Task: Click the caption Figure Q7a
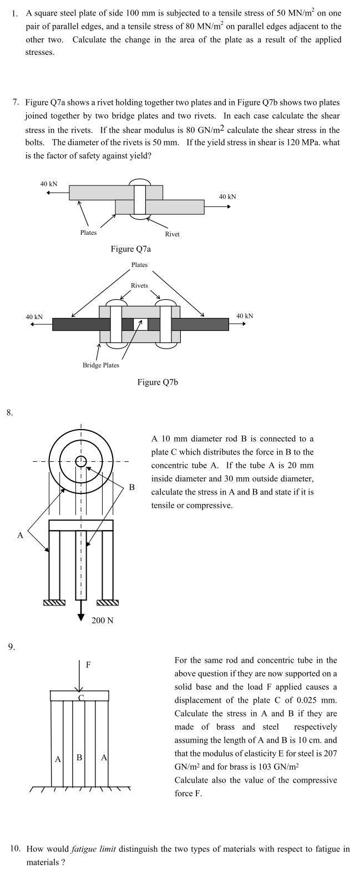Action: pos(130,249)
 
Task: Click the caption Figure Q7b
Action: pos(158,382)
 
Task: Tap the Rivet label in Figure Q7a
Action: pos(172,234)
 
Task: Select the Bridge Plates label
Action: pos(101,365)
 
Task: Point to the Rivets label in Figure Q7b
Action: pos(139,285)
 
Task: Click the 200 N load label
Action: pos(103,620)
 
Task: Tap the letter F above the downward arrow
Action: pos(88,664)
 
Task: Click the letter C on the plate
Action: pos(81,698)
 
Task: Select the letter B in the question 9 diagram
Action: pos(79,756)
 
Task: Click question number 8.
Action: pos(9,412)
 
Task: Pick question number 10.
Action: pos(16,849)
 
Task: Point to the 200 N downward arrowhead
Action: pos(81,617)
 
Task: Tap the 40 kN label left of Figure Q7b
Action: pos(34,317)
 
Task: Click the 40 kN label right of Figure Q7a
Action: pos(227,196)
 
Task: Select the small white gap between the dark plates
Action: pos(140,324)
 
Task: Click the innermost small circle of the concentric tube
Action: pos(81,461)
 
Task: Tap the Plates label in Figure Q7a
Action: pos(88,233)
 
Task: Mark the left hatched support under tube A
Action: pos(54,603)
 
